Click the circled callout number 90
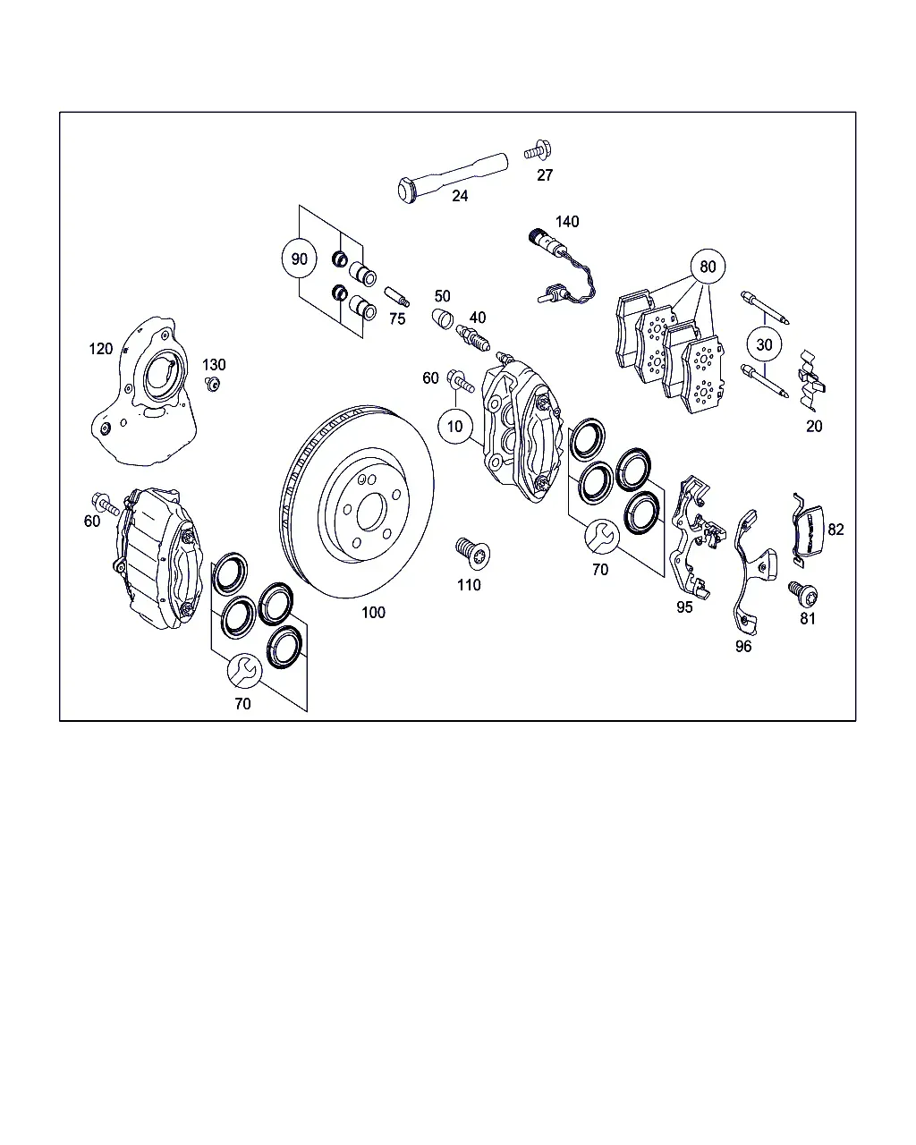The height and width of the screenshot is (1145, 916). [299, 259]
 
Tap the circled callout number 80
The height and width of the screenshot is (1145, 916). [708, 266]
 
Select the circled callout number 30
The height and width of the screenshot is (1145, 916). [764, 344]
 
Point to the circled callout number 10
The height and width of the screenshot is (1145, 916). [455, 426]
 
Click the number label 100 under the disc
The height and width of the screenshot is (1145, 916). [373, 613]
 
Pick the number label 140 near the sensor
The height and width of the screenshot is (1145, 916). [567, 221]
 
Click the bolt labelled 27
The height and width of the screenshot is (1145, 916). [538, 150]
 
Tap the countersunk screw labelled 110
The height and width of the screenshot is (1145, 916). [473, 554]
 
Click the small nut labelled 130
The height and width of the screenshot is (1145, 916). [213, 384]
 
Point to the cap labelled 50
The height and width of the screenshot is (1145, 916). [442, 318]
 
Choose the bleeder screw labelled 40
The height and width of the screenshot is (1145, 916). [473, 338]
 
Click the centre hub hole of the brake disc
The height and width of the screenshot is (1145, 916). [371, 512]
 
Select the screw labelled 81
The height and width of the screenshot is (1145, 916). [803, 594]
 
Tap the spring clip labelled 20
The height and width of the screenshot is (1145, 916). [810, 381]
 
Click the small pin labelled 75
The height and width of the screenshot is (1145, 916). [397, 297]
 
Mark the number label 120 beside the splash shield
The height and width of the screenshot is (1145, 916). [100, 349]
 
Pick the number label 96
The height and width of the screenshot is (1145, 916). [743, 647]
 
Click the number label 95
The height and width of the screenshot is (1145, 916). [684, 607]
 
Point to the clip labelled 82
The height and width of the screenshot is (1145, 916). [808, 531]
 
